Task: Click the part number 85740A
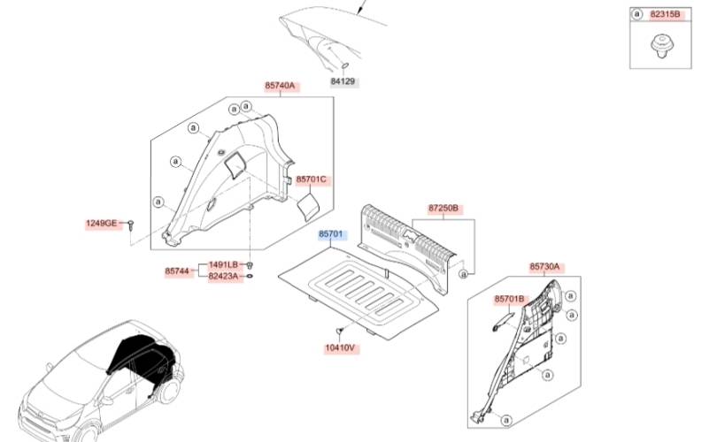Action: point(281,86)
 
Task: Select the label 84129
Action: point(343,81)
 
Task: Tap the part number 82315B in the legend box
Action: point(665,14)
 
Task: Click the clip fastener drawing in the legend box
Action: point(659,46)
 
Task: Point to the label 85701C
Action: point(312,179)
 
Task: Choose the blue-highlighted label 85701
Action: point(330,234)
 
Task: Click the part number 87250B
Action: point(443,209)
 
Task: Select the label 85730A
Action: point(544,266)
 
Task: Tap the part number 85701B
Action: point(509,299)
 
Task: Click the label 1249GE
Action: point(102,224)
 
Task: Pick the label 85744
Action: point(177,271)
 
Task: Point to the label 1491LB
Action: point(224,265)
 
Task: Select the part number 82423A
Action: point(224,276)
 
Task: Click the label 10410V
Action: point(340,348)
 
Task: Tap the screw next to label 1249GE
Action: point(131,225)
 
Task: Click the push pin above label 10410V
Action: point(339,330)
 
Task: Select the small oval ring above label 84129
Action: point(346,66)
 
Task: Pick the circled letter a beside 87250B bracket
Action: point(464,274)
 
